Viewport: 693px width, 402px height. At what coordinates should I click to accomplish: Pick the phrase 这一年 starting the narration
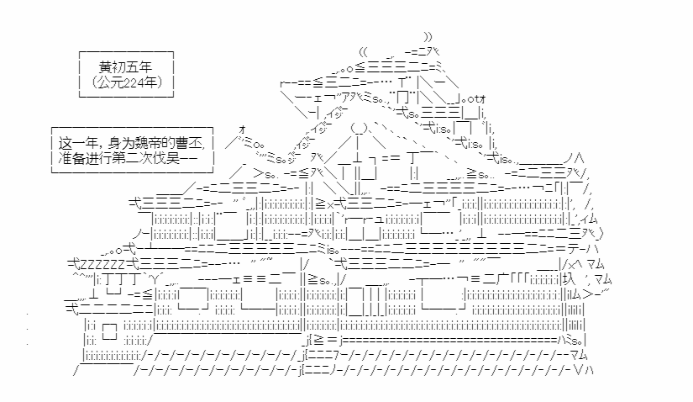76,140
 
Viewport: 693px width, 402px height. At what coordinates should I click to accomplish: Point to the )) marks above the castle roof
428,36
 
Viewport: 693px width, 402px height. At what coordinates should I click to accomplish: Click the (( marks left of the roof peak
364,52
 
